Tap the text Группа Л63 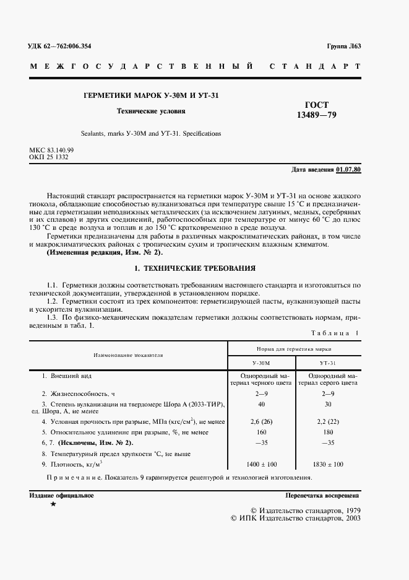pyautogui.click(x=343, y=46)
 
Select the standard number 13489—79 pyautogui.click(x=317, y=116)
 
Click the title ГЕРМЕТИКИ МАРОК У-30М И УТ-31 pyautogui.click(x=151, y=95)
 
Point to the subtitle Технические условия pyautogui.click(x=151, y=112)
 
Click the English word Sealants pyautogui.click(x=93, y=133)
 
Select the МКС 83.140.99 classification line pyautogui.click(x=51, y=151)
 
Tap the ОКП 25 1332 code pyautogui.click(x=48, y=157)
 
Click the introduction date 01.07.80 pyautogui.click(x=349, y=170)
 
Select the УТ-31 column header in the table pyautogui.click(x=328, y=362)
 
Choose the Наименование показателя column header pyautogui.click(x=128, y=356)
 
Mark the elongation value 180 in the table pyautogui.click(x=328, y=432)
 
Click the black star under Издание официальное pyautogui.click(x=53, y=505)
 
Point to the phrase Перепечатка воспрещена pyautogui.click(x=322, y=496)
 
